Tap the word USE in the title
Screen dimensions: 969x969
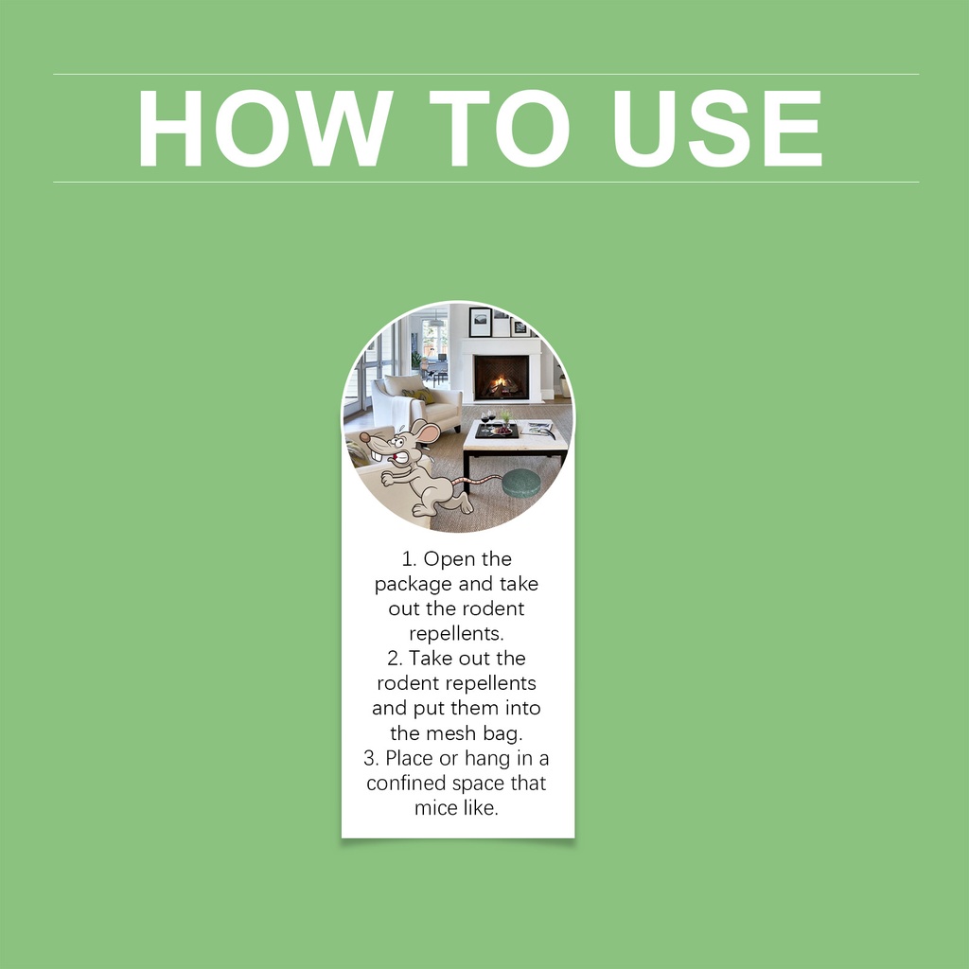pos(717,128)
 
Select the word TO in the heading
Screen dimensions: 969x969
pos(499,128)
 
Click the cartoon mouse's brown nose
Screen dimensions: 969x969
pos(364,437)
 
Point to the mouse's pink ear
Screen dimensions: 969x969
pos(427,432)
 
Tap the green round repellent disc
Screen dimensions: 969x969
pos(520,483)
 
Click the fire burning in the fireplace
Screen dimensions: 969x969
pos(500,386)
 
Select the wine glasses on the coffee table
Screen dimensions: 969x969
pos(488,420)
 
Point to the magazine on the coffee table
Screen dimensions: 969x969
pos(537,429)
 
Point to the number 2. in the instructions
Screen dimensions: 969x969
pos(395,659)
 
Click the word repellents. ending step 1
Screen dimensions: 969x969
pos(457,634)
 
